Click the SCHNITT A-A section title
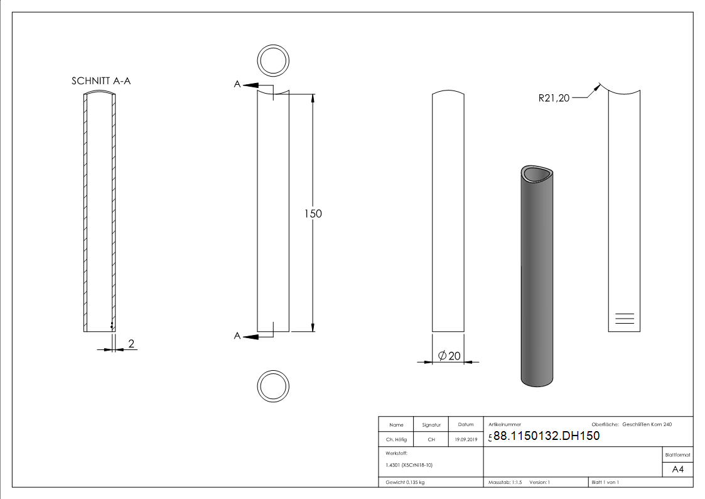click(101, 81)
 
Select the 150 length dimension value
click(313, 214)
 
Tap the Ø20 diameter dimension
click(449, 356)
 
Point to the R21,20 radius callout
click(554, 97)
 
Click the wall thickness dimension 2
click(131, 344)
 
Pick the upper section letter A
click(237, 84)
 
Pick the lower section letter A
click(237, 336)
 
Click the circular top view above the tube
click(273, 62)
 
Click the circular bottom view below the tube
click(273, 386)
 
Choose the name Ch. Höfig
click(396, 440)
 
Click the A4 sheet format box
click(678, 469)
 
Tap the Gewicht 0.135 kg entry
click(405, 483)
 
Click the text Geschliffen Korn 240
click(647, 425)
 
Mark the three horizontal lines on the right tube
click(625, 317)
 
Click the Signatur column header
click(431, 425)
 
